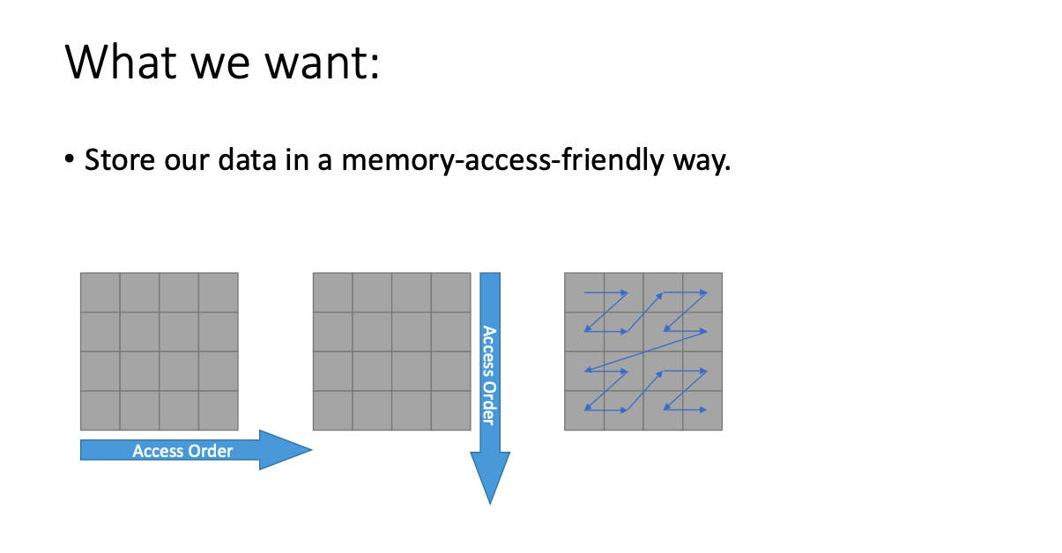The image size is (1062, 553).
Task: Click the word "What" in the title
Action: point(121,62)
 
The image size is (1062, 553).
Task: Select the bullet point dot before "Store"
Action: point(70,159)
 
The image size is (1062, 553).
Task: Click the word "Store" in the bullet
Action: point(120,159)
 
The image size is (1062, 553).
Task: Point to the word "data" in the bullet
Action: point(247,159)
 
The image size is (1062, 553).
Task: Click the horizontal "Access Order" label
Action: point(182,451)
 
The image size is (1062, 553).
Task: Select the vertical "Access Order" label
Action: point(489,375)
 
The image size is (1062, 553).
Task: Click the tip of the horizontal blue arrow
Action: point(312,450)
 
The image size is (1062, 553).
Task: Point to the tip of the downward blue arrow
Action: point(490,505)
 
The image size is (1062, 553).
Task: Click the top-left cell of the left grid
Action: point(100,292)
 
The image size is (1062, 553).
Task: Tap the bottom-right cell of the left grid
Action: point(218,410)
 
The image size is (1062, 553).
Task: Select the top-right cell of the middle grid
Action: point(451,292)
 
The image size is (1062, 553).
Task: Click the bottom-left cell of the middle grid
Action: point(333,410)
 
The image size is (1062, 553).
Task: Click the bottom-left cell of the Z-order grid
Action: point(584,410)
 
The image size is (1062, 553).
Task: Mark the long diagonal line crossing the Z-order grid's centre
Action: point(646,350)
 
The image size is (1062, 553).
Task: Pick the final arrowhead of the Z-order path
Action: point(703,409)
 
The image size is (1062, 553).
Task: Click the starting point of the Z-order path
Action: point(584,292)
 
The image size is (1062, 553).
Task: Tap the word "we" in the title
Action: point(220,66)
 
